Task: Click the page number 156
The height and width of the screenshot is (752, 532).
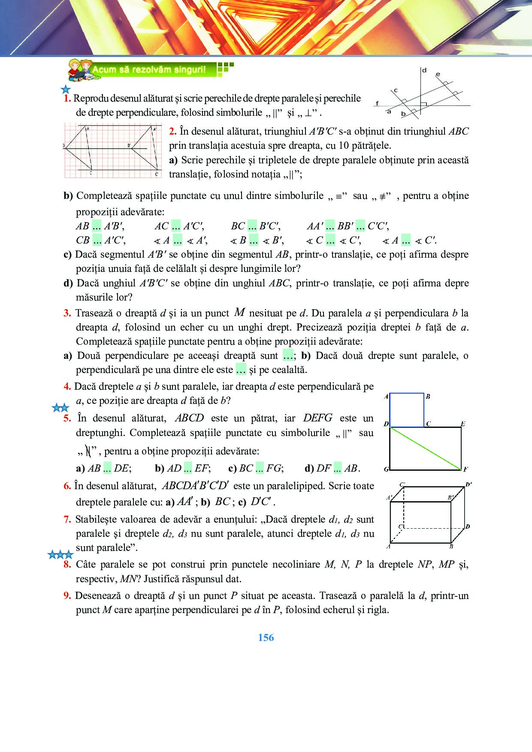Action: pos(266,638)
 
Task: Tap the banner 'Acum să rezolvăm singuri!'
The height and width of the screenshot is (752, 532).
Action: pos(148,69)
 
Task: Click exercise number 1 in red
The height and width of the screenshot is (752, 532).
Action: pos(67,98)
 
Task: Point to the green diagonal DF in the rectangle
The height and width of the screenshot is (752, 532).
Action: pos(425,448)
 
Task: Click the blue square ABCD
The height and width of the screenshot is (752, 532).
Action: pos(406,410)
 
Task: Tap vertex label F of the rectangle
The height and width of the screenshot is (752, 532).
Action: pos(465,469)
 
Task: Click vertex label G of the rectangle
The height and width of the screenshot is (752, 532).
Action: pos(386,469)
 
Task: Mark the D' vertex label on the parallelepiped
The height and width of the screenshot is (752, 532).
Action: pos(469,484)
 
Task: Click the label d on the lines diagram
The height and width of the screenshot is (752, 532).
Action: pos(424,70)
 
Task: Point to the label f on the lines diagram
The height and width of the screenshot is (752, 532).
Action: pos(377,103)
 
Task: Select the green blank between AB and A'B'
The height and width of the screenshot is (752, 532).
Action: pos(97,226)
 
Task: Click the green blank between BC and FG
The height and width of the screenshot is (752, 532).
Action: pos(259,468)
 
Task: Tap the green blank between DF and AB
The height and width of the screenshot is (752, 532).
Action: pos(338,468)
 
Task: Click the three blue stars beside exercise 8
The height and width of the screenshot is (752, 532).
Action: pos(60,555)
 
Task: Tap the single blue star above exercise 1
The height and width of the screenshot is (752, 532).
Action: pos(66,90)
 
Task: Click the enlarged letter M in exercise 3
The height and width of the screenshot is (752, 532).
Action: pos(239,313)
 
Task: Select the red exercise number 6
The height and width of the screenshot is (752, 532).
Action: pos(67,486)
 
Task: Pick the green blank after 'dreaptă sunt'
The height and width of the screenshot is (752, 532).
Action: pos(288,355)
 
